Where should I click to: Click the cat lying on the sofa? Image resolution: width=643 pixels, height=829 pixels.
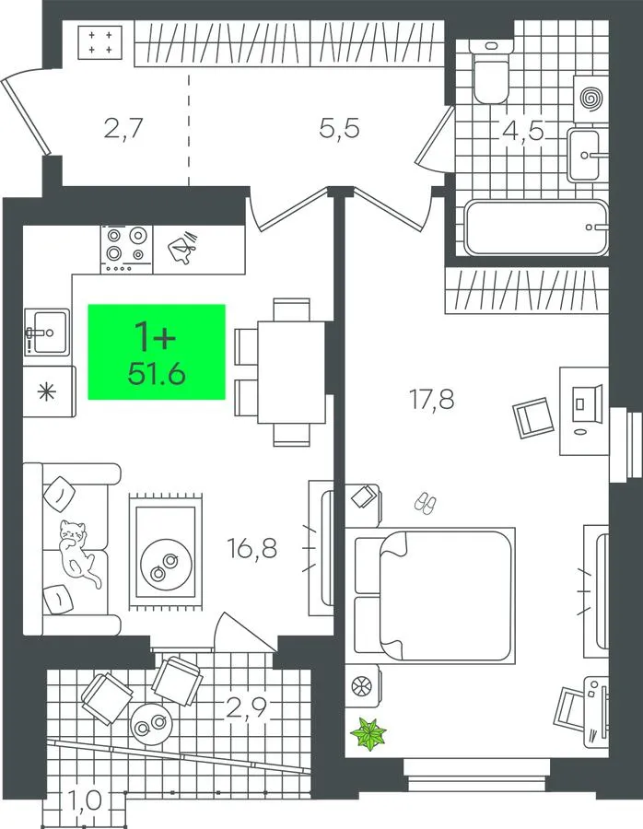click(x=77, y=552)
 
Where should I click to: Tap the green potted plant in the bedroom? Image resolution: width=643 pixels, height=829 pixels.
click(x=369, y=733)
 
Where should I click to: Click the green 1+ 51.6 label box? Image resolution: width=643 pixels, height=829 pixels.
click(x=157, y=352)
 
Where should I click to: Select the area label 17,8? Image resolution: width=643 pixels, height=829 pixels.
click(x=432, y=399)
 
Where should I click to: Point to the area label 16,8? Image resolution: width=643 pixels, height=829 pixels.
click(x=252, y=548)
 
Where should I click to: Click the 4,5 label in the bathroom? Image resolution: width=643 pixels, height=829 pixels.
click(x=523, y=130)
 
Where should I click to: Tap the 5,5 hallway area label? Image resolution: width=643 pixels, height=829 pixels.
click(x=340, y=128)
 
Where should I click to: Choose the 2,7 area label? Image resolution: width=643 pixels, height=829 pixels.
click(x=123, y=128)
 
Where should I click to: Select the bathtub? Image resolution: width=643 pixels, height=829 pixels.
click(x=536, y=228)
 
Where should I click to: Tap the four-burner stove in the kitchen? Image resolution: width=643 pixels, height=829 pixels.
click(x=126, y=249)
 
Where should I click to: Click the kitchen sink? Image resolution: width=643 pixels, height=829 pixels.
click(x=47, y=332)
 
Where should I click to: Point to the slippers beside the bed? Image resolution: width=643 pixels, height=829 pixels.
click(x=426, y=503)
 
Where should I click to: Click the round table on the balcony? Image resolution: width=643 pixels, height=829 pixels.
click(x=152, y=725)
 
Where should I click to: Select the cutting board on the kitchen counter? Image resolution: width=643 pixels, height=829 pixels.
click(x=182, y=248)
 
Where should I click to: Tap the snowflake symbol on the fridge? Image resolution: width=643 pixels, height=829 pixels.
click(x=47, y=392)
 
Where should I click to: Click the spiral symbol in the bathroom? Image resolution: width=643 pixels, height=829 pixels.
click(x=591, y=99)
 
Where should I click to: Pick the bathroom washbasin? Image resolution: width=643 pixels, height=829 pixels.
click(x=585, y=155)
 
